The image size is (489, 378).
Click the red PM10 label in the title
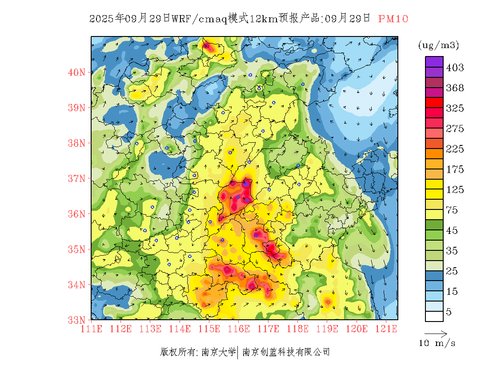(393, 19)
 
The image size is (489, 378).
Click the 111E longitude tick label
(91, 329)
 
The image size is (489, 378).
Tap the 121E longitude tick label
(386, 329)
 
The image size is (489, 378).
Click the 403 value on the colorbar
(455, 68)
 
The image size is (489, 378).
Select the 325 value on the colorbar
(455, 109)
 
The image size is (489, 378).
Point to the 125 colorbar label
(455, 190)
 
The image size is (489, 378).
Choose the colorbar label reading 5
(449, 312)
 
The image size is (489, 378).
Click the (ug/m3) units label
(438, 45)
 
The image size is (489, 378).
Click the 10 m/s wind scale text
(437, 343)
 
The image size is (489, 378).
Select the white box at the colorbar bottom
(434, 316)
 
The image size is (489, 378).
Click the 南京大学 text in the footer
(218, 352)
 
